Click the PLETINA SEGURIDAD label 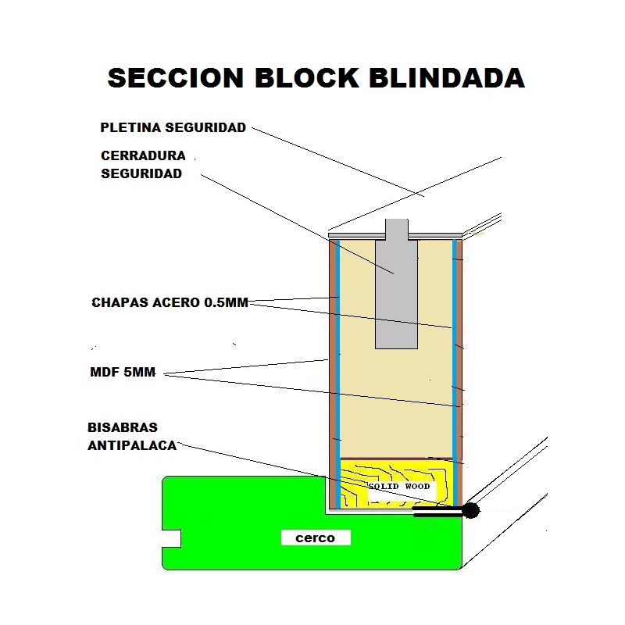pyautogui.click(x=173, y=127)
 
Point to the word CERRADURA pyautogui.click(x=143, y=155)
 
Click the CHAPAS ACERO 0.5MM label pyautogui.click(x=170, y=302)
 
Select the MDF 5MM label pyautogui.click(x=123, y=373)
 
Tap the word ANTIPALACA pyautogui.click(x=133, y=446)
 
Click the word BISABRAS pyautogui.click(x=123, y=428)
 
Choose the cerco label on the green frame pyautogui.click(x=316, y=537)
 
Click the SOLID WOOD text pyautogui.click(x=398, y=487)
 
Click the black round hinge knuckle pyautogui.click(x=470, y=511)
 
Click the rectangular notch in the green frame pyautogui.click(x=172, y=538)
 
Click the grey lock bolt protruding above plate pyautogui.click(x=397, y=227)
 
